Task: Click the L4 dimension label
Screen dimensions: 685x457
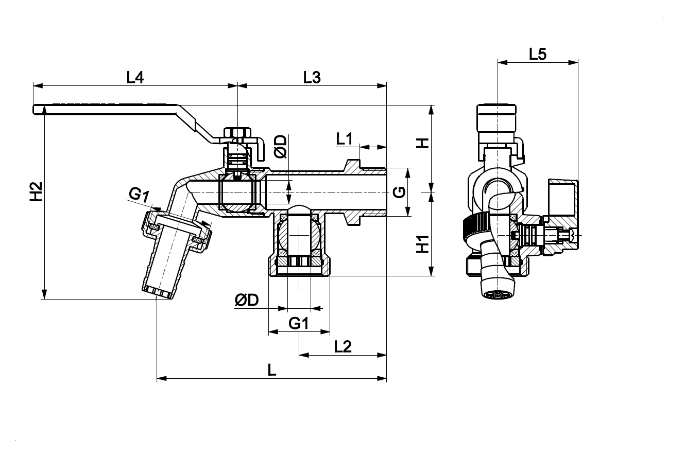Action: point(135,78)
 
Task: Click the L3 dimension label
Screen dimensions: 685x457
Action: point(312,78)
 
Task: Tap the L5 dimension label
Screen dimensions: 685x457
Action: point(538,55)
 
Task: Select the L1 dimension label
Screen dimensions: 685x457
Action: point(345,139)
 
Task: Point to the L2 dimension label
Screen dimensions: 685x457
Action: point(343,347)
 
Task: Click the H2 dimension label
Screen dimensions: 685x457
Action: point(36,191)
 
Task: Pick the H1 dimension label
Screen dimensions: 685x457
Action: point(423,244)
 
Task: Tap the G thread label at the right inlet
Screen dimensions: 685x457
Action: point(399,192)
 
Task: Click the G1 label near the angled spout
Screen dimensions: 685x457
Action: point(139,195)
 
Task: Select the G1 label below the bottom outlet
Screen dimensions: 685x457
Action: point(299,324)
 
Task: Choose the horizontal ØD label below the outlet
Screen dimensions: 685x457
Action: point(247,300)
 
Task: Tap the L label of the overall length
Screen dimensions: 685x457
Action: point(272,370)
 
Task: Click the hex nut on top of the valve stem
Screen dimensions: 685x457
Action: point(237,133)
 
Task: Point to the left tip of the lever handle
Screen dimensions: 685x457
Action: point(33,110)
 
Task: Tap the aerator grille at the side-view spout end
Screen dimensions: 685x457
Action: point(496,295)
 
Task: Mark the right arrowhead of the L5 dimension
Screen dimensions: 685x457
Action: point(573,63)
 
